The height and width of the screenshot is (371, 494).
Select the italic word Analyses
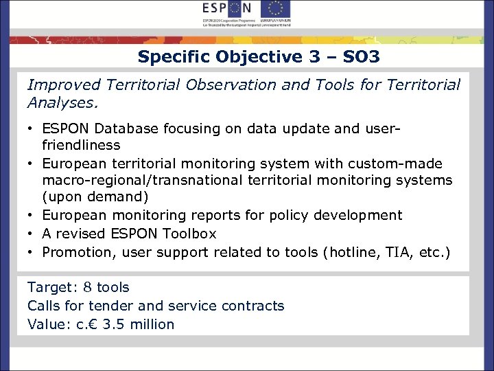[x=62, y=103]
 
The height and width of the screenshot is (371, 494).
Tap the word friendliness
[x=81, y=145]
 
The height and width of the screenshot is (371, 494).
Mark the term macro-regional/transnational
[x=153, y=180]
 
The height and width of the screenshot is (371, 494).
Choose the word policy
[x=283, y=215]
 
